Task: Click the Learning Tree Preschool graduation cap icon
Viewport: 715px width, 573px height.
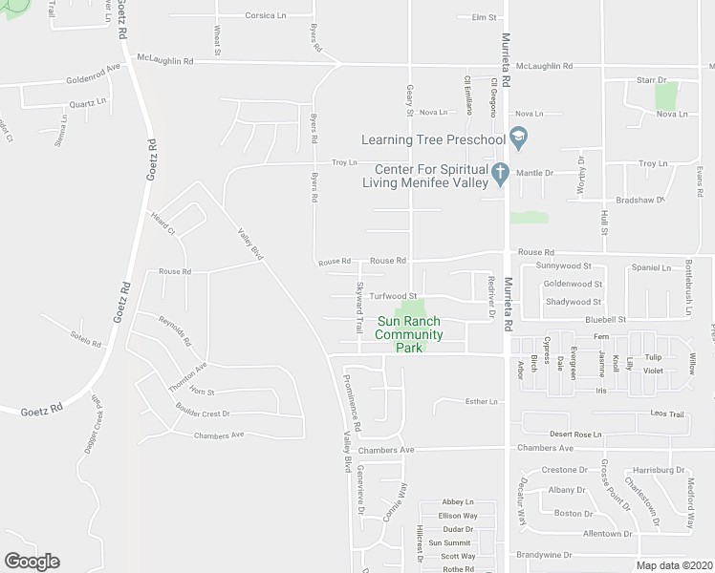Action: click(519, 139)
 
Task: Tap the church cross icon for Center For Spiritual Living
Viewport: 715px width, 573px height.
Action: click(499, 174)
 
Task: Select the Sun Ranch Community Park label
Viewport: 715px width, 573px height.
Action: click(409, 334)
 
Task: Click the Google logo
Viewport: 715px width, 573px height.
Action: click(32, 562)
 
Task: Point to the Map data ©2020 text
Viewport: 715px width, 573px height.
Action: click(675, 565)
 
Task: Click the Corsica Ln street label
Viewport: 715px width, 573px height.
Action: click(266, 16)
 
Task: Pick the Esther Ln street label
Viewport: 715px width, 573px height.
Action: click(482, 402)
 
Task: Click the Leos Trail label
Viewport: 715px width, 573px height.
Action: click(668, 414)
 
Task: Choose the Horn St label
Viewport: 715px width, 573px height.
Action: click(202, 393)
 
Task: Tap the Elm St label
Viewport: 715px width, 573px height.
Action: click(485, 17)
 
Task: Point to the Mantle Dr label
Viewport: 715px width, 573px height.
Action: click(534, 174)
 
